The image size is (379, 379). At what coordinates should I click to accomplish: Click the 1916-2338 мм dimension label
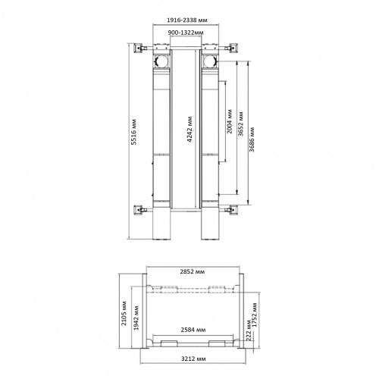pyautogui.click(x=187, y=20)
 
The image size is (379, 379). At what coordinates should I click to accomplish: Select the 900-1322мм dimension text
pyautogui.click(x=186, y=33)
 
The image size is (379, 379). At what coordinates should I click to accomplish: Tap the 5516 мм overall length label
pyautogui.click(x=134, y=132)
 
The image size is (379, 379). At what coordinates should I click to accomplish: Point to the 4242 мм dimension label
pyautogui.click(x=190, y=130)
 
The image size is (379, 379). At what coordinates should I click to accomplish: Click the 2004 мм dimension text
pyautogui.click(x=229, y=121)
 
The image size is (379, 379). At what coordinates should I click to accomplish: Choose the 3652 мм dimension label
pyautogui.click(x=240, y=124)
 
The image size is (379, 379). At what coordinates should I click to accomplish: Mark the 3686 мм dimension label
pyautogui.click(x=252, y=139)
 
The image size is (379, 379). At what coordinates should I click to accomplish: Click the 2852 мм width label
pyautogui.click(x=193, y=271)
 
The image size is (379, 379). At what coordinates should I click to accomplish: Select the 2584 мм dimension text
pyautogui.click(x=193, y=330)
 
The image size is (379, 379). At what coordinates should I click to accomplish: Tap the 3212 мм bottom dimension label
pyautogui.click(x=193, y=359)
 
